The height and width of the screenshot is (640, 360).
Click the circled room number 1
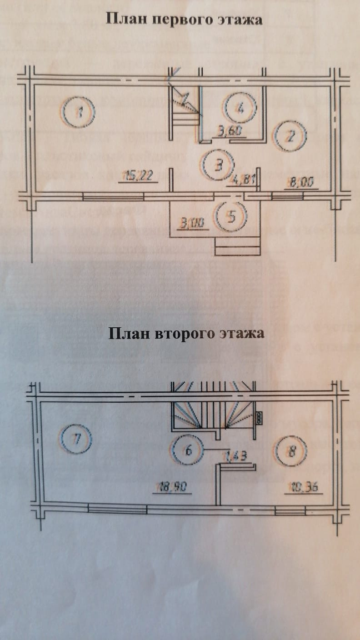click(79, 111)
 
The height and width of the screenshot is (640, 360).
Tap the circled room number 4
click(241, 108)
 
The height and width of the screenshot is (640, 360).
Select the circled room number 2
click(291, 136)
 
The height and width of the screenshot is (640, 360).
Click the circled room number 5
click(231, 216)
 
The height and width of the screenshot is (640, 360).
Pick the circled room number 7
click(77, 439)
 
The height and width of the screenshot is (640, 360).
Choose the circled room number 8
click(291, 451)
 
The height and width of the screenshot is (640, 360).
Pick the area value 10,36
click(302, 488)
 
